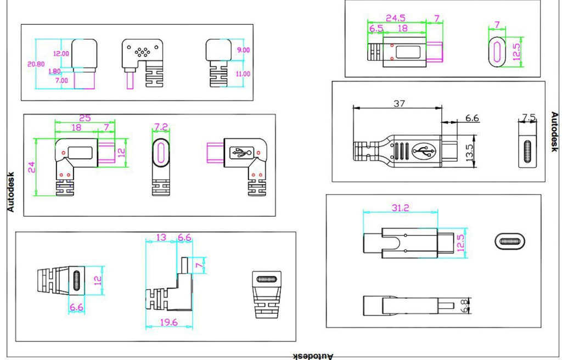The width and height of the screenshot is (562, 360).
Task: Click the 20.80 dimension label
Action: click(36, 64)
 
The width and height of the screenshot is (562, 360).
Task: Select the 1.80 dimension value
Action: click(54, 71)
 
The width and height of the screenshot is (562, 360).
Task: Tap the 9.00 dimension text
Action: click(243, 50)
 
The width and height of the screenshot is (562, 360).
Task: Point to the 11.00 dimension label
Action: click(243, 74)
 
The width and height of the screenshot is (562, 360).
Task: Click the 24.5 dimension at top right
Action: click(395, 18)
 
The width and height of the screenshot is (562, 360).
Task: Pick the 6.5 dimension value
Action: click(376, 29)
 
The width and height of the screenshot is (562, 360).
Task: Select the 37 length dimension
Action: click(399, 104)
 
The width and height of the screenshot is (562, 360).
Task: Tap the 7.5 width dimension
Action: click(529, 117)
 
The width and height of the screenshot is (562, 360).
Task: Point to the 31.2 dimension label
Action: click(400, 207)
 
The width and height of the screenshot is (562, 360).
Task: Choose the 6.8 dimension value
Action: click(465, 306)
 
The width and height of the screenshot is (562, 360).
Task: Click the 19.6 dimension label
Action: click(168, 322)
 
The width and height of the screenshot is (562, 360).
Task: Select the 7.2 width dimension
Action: click(161, 127)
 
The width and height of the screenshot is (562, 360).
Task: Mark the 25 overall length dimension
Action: click(85, 118)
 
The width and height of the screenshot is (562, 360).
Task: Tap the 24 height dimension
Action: click(31, 167)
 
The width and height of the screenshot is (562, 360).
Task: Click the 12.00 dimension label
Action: click(61, 53)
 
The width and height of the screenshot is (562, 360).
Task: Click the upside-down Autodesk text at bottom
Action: click(313, 356)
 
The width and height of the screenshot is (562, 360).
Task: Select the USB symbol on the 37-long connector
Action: click(424, 151)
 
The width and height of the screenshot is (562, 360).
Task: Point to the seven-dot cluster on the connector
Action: click(142, 52)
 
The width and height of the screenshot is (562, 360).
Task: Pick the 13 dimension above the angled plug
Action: click(161, 238)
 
